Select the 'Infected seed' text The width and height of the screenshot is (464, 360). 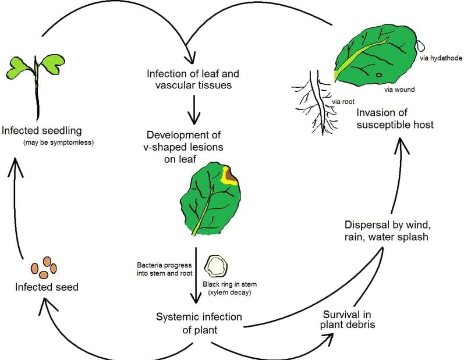coord(47,287)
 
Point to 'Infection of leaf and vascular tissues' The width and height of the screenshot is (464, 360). coord(193,80)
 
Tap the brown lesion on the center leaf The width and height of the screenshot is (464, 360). coord(231,175)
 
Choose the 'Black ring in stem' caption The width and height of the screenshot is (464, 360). coord(229,288)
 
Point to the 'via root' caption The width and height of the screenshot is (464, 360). coord(343,102)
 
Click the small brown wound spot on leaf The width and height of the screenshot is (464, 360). coord(379,74)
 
